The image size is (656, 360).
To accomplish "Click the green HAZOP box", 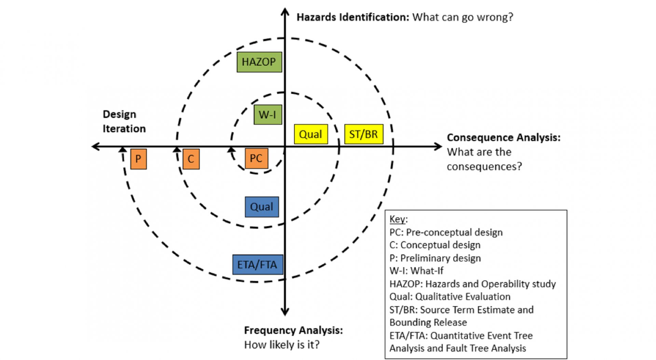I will (x=259, y=62).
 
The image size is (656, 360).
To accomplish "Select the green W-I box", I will (x=268, y=115).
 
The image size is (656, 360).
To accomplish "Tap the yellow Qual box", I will (x=311, y=134).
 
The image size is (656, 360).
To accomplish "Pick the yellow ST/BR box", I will (x=364, y=134).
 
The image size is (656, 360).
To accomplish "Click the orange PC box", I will (x=256, y=158).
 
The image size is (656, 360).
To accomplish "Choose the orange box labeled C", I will (x=191, y=159).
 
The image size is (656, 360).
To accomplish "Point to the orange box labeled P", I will (x=138, y=159).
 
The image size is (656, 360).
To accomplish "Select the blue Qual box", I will (x=262, y=206).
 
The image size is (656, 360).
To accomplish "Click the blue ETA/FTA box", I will (x=258, y=265).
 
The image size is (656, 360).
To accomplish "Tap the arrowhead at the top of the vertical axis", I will (x=285, y=12).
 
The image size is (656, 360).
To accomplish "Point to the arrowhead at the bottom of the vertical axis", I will (x=285, y=312).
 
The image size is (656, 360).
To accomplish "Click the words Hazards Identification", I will (x=352, y=17).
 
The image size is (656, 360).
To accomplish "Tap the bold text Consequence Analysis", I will (x=503, y=137).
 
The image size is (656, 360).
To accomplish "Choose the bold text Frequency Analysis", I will (x=293, y=330).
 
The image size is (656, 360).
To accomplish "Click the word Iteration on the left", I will (x=124, y=129).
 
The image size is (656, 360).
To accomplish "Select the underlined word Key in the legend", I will (x=397, y=219).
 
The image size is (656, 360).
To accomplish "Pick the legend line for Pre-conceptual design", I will (x=446, y=232).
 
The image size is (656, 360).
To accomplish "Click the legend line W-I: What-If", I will (x=416, y=271).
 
